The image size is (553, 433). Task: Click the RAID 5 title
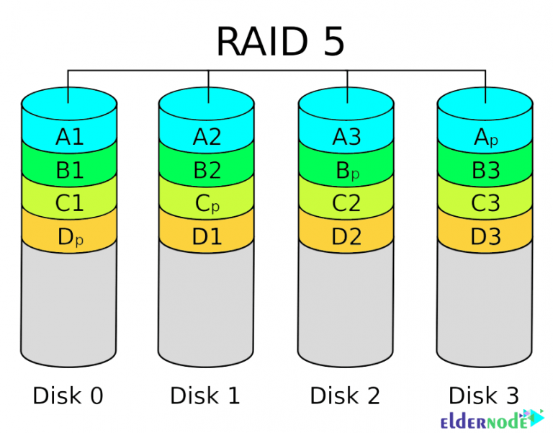(x=280, y=43)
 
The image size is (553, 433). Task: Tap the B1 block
(x=69, y=170)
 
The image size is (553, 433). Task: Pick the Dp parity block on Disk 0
(x=69, y=236)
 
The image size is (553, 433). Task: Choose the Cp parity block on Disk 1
(x=207, y=204)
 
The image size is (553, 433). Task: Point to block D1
(x=207, y=236)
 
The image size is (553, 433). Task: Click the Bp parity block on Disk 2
(x=346, y=170)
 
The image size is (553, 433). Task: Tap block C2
(x=346, y=204)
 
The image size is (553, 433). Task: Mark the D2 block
(x=346, y=236)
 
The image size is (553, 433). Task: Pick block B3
(x=485, y=170)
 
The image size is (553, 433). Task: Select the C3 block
(x=485, y=204)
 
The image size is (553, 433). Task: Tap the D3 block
(x=485, y=236)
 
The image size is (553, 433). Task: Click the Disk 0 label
(x=68, y=396)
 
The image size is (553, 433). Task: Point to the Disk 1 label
(x=205, y=396)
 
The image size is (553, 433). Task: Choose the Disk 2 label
(x=345, y=396)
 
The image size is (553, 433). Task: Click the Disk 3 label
(x=484, y=396)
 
